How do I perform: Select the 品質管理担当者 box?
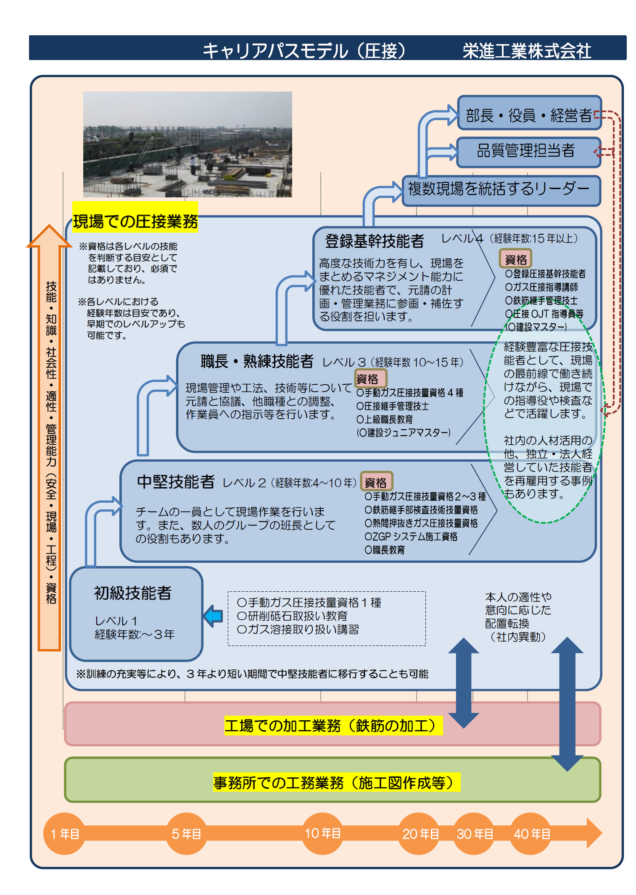529,152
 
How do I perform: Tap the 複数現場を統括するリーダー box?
501,191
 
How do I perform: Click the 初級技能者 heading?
133,593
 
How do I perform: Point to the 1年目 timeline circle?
64,834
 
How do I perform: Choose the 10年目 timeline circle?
322,834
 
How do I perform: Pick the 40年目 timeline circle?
531,834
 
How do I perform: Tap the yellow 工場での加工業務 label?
333,725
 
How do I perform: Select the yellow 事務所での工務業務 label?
336,782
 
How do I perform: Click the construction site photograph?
187,144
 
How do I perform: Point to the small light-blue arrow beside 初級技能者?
213,616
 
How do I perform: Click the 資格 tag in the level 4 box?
516,259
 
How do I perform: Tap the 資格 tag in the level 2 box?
377,482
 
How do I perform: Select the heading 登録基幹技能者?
374,241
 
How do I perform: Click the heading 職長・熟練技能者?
257,361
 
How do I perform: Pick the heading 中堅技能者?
176,482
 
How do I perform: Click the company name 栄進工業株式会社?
527,51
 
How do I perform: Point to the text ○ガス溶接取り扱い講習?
298,629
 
